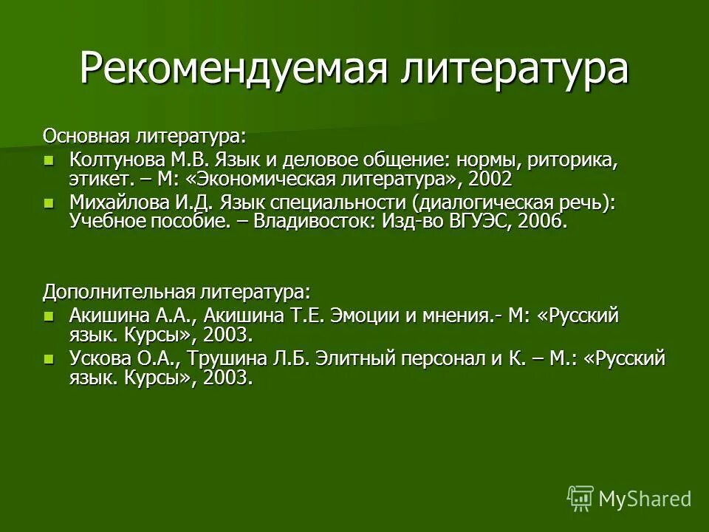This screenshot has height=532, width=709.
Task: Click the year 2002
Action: click(490, 179)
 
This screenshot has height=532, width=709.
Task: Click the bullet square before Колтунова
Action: click(49, 160)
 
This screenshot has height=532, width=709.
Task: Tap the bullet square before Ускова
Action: click(49, 358)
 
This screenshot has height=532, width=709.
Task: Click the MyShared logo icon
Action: click(580, 499)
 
